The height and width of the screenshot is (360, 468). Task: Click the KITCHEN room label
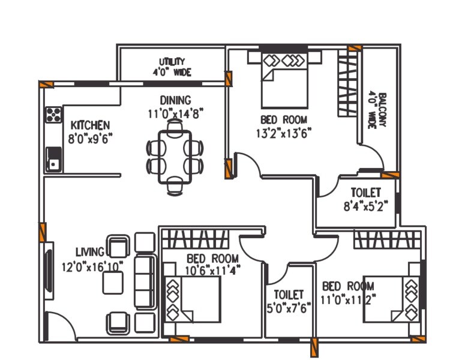coord(90,125)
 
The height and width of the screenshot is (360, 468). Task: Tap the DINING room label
coord(175,100)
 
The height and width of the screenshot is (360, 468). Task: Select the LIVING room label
coord(89,251)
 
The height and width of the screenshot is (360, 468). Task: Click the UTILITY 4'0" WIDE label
coord(172,67)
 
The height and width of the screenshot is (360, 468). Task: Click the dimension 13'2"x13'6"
coord(284,132)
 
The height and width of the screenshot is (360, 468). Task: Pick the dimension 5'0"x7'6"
coord(289,308)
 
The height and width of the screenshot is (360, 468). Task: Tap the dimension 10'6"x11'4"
coord(212,270)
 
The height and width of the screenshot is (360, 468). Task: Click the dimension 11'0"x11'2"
coord(349,298)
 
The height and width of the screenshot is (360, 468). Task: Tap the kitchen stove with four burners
coord(53,114)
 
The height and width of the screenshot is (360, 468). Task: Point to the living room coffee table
coord(113,282)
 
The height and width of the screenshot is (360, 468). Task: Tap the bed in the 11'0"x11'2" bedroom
coord(393,298)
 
